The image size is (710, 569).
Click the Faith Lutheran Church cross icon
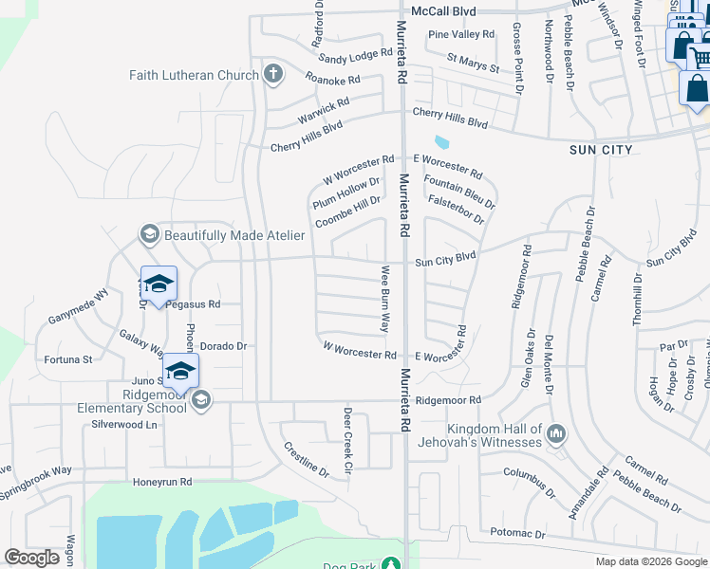point(272,75)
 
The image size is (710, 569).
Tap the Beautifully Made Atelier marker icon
point(148,233)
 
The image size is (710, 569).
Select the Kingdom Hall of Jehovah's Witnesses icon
point(556,435)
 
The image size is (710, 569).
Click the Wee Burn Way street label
point(385,298)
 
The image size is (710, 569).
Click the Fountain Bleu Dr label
point(459,192)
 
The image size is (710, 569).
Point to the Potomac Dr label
point(513,536)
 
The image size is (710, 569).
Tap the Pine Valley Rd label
point(461,34)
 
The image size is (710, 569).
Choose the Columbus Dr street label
point(529,480)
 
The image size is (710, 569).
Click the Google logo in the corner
point(31,558)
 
